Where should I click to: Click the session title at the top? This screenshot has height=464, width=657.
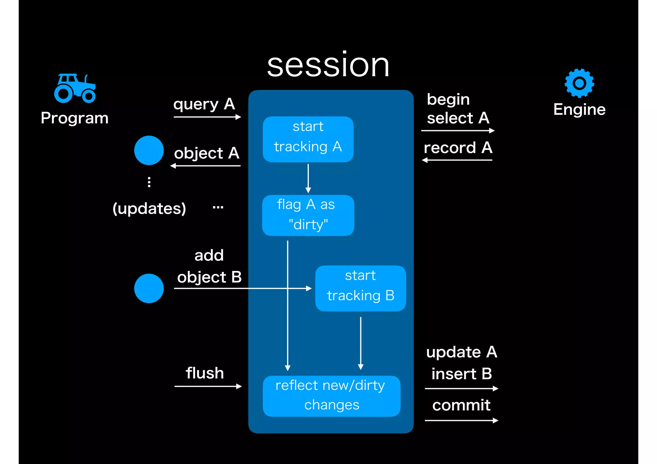[x=328, y=65]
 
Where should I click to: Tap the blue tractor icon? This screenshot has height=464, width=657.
[x=75, y=89]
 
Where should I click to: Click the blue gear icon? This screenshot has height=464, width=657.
[x=579, y=83]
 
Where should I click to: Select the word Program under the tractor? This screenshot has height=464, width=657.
[x=74, y=118]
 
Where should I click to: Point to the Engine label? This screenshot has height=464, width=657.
[x=579, y=110]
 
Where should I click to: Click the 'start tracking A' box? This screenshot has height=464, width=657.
[x=308, y=139]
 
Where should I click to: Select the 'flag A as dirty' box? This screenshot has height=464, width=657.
[x=308, y=215]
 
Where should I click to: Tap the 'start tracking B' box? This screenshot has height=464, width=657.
[x=361, y=288]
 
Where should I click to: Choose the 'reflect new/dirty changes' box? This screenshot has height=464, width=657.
[x=331, y=396]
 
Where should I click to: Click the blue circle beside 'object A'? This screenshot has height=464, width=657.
[x=149, y=150]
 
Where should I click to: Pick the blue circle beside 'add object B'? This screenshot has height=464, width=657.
[x=149, y=288]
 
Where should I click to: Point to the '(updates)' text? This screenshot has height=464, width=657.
[x=149, y=209]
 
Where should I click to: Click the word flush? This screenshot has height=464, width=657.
[x=205, y=373]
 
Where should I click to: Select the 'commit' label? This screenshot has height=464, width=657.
[x=461, y=405]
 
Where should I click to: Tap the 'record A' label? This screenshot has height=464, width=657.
[x=458, y=148]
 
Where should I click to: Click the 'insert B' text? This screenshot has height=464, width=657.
[x=461, y=374]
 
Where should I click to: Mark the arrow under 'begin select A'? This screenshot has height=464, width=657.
[x=458, y=131]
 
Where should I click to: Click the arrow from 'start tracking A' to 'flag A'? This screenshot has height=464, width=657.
[x=308, y=178]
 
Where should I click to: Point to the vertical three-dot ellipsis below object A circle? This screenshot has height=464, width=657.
[x=149, y=182]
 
